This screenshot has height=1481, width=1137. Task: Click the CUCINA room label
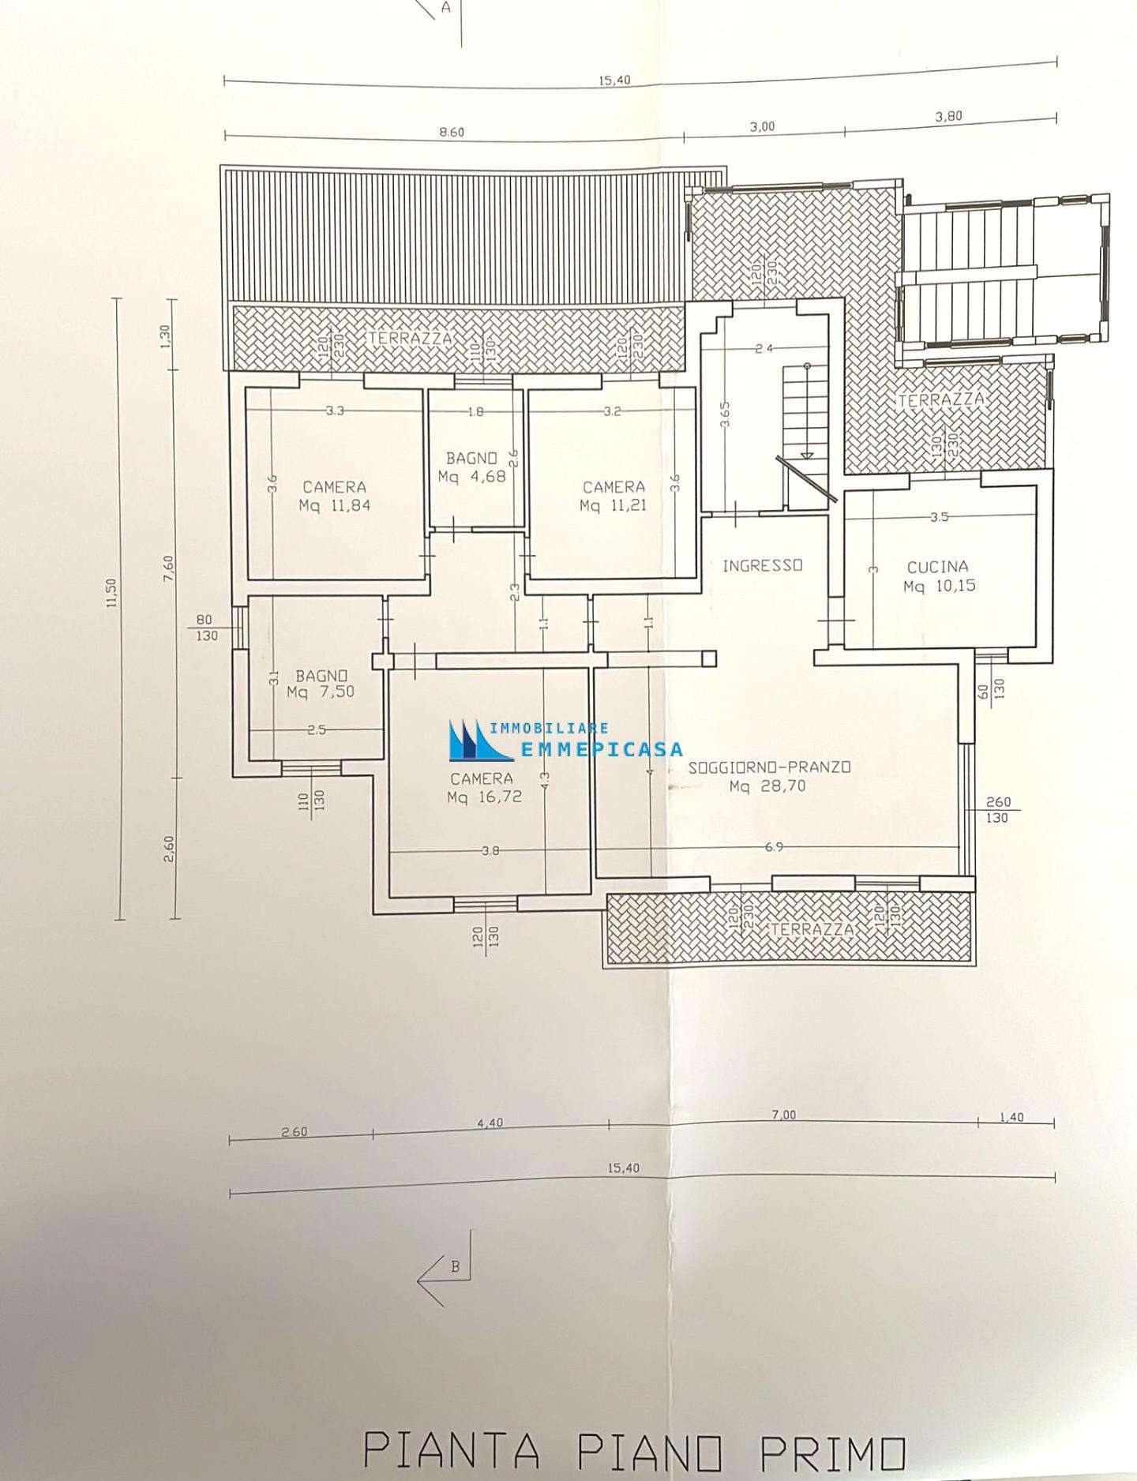(937, 567)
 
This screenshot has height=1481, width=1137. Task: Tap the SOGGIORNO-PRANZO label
(769, 767)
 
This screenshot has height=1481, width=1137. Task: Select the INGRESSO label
(763, 565)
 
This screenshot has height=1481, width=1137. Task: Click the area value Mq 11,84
(335, 506)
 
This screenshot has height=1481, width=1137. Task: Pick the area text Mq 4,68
(472, 477)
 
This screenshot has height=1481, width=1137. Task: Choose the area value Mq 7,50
(321, 692)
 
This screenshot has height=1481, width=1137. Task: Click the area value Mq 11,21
(614, 506)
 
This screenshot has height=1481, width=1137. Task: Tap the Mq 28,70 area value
(768, 786)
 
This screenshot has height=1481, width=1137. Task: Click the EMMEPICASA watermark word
(602, 751)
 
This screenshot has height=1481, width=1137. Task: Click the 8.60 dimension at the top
(451, 133)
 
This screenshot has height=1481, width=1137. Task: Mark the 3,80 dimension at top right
(948, 116)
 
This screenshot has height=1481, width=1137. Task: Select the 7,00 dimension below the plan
(783, 1115)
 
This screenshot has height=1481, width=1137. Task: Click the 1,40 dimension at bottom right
(1011, 1117)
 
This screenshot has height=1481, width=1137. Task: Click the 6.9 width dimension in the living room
(774, 847)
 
